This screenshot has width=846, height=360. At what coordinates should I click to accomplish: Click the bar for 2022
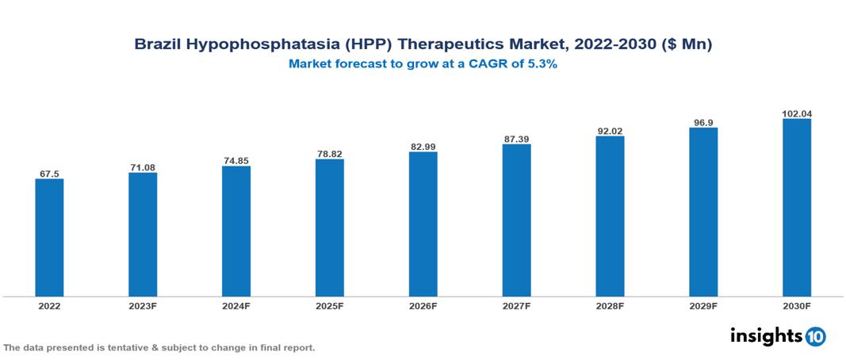(x=49, y=237)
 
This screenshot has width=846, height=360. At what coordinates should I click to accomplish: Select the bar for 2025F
(x=330, y=228)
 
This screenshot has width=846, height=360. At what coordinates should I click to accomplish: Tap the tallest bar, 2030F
(x=797, y=208)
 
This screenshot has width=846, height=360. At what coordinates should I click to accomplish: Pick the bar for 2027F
(x=516, y=220)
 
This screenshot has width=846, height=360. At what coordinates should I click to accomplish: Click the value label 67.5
(x=49, y=174)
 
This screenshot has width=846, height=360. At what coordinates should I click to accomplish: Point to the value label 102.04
(x=797, y=113)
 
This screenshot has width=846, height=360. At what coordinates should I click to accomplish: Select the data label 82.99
(x=423, y=147)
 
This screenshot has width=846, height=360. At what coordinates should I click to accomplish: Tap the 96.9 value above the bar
(x=703, y=122)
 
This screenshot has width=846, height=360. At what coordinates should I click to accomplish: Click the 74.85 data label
(x=236, y=161)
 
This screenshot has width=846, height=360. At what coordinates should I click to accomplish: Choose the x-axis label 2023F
(x=143, y=305)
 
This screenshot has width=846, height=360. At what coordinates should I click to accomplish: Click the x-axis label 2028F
(x=610, y=305)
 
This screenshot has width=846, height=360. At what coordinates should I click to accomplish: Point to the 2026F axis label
(x=423, y=305)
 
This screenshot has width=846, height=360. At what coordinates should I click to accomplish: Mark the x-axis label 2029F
(x=703, y=305)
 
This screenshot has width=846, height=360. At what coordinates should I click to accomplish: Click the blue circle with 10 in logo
(x=816, y=336)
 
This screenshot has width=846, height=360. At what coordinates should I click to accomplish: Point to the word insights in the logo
(x=766, y=335)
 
